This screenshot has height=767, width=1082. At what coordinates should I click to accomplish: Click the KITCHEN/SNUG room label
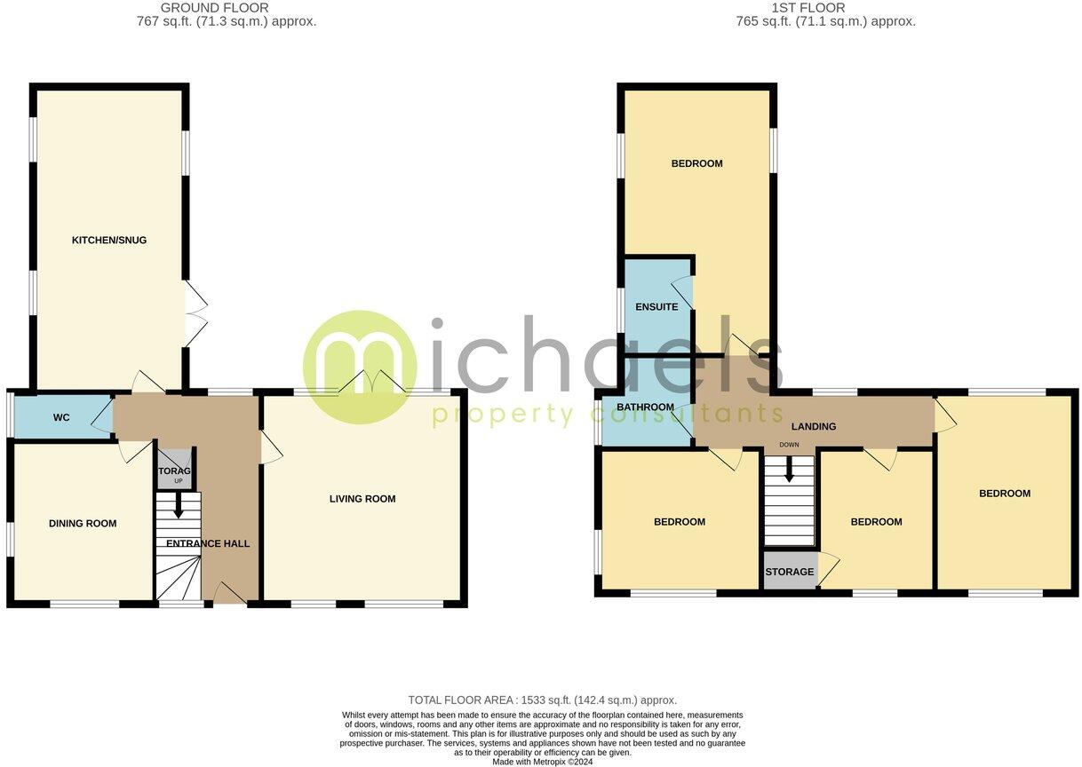[109, 240]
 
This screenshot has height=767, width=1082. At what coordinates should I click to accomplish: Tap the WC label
[61, 417]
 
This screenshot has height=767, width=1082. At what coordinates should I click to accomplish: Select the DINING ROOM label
[83, 524]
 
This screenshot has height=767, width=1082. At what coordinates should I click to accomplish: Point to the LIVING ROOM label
[362, 499]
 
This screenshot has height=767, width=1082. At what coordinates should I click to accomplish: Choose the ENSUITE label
[656, 307]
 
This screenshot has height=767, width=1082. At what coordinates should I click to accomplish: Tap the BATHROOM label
[646, 407]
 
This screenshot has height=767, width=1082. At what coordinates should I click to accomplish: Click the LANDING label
[814, 427]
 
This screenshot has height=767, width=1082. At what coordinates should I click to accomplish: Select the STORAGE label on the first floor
[789, 572]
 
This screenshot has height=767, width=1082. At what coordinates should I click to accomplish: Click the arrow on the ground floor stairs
[178, 509]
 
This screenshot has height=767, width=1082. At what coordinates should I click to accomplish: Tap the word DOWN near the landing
[789, 445]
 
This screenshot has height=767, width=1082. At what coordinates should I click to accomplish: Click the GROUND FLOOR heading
[215, 8]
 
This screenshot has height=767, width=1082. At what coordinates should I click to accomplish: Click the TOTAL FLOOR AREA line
[542, 700]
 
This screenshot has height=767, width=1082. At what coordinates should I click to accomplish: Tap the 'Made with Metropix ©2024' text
[542, 762]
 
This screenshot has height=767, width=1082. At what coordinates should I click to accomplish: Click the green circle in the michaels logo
[359, 367]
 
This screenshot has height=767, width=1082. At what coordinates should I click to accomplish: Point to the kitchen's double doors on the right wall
[195, 315]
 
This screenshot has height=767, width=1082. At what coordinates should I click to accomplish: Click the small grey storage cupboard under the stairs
[174, 470]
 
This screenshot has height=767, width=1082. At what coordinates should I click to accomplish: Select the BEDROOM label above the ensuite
[696, 163]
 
